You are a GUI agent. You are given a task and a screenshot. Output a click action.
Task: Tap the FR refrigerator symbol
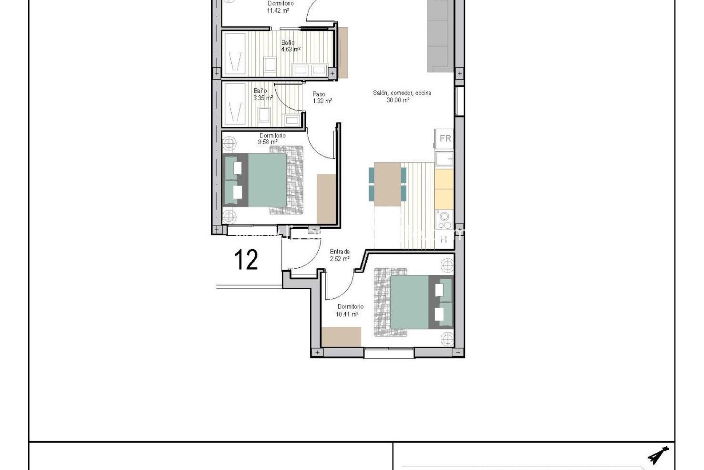pyautogui.click(x=445, y=138)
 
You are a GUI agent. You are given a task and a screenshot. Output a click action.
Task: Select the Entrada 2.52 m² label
pyautogui.click(x=340, y=255)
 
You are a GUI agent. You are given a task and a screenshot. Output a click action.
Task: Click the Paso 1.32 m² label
pyautogui.click(x=322, y=98)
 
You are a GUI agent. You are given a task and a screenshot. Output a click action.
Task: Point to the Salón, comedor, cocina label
pyautogui.click(x=402, y=96)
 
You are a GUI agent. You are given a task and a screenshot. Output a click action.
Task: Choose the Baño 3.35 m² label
pyautogui.click(x=263, y=94)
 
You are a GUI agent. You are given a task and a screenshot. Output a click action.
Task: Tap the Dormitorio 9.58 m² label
pyautogui.click(x=272, y=138)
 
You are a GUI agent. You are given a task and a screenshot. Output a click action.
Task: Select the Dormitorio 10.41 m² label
pyautogui.click(x=350, y=310)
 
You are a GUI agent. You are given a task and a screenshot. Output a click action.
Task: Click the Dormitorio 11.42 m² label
pyautogui.click(x=280, y=7)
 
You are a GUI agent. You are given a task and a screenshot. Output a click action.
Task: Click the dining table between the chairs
pyautogui.click(x=388, y=184)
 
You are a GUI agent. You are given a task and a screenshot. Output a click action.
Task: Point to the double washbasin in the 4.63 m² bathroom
pyautogui.click(x=309, y=69)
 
